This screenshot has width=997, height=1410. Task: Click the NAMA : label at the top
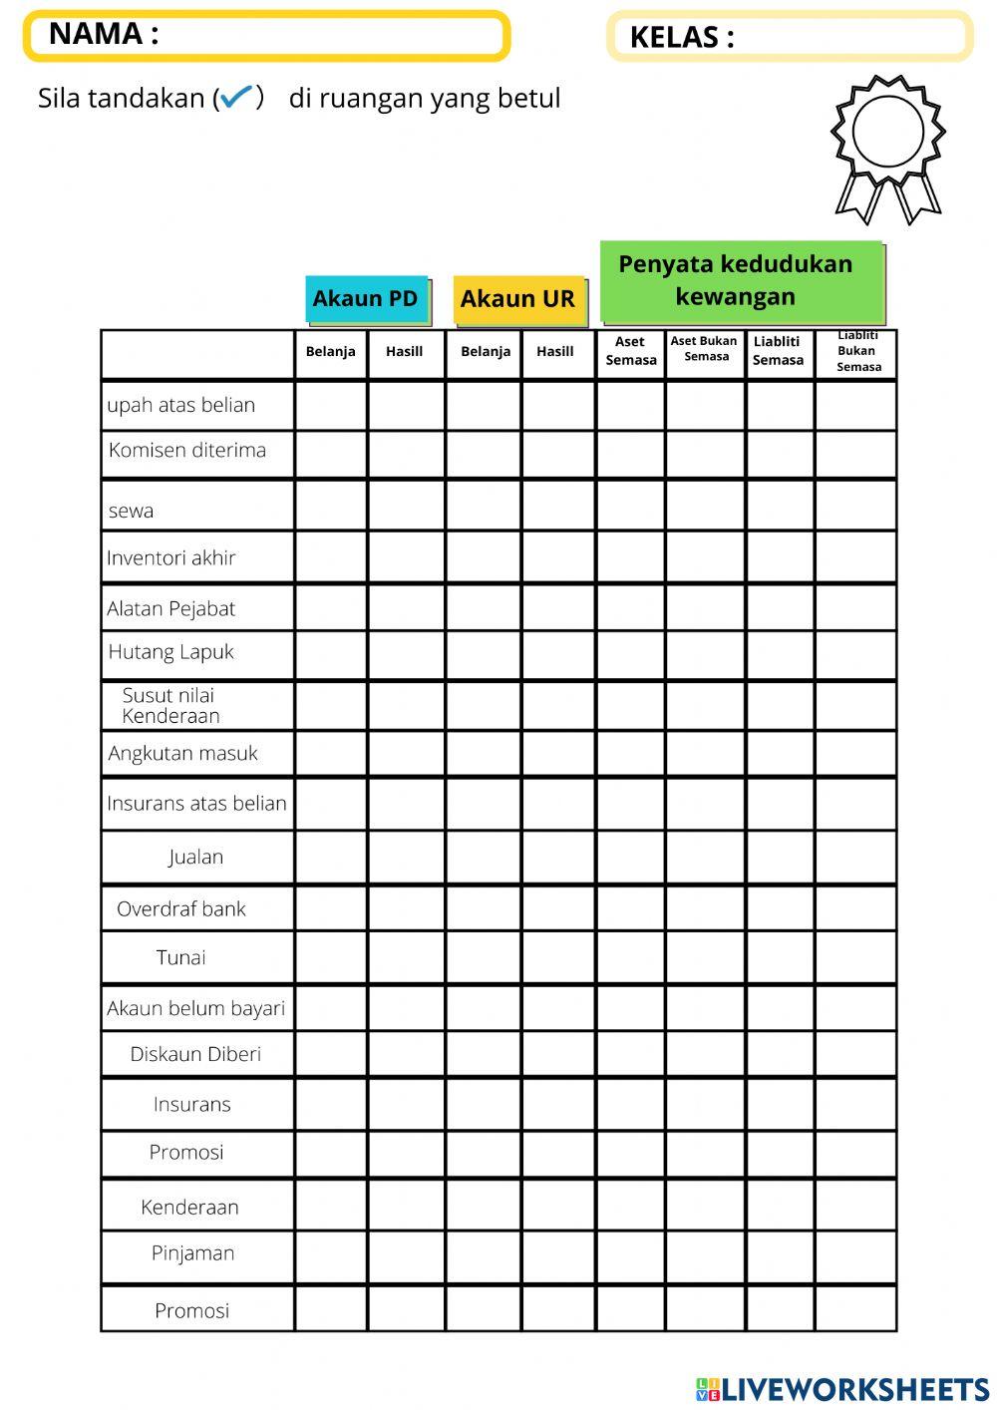(104, 34)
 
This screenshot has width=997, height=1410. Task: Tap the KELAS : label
(682, 38)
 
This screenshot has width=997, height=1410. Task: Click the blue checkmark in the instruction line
(236, 97)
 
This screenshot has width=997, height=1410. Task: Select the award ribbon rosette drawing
(887, 148)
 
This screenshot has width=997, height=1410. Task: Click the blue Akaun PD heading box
(366, 299)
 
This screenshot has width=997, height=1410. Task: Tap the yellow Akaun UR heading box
(517, 299)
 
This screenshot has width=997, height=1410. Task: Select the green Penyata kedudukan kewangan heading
(741, 281)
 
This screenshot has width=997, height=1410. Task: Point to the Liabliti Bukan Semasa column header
(856, 352)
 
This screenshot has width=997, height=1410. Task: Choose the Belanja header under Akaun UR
(485, 352)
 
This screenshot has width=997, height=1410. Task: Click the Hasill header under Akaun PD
(405, 352)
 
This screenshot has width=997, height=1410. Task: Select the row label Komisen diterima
(187, 451)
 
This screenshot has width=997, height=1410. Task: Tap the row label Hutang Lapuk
(170, 652)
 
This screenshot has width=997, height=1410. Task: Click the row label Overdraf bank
(180, 909)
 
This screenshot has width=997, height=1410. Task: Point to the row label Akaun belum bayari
(195, 1008)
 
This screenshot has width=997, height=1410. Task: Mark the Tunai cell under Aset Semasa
(630, 958)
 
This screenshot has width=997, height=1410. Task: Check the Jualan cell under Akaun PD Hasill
(406, 858)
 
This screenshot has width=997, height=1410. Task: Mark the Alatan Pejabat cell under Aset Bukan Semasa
(705, 607)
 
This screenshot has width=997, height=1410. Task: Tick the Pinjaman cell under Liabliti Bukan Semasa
(855, 1255)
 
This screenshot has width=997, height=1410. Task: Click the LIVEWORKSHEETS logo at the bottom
(842, 1389)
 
